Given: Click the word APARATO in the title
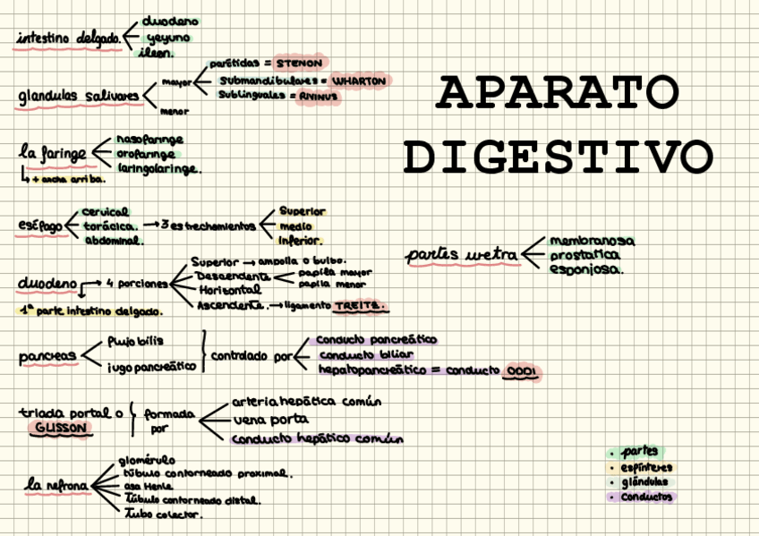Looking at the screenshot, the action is point(559,92).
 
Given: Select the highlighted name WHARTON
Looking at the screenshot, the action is point(359,81).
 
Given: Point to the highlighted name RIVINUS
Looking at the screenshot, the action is point(319,95).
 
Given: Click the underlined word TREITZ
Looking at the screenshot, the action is point(361,306).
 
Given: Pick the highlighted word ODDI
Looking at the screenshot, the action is point(520,371).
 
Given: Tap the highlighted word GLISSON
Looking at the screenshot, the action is point(61,429).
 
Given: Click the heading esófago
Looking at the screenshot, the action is point(40,226).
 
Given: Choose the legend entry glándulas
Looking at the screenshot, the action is point(644,482).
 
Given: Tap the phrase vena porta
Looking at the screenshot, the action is point(270,419).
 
